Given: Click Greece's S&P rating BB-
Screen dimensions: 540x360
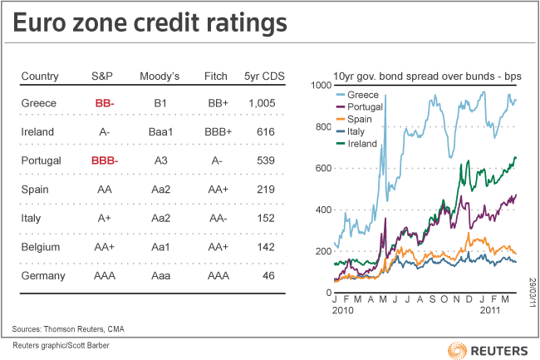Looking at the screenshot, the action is [105, 103].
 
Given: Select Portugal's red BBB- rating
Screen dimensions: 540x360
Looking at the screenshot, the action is [105, 160].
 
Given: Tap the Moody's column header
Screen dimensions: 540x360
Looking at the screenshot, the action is [160, 76].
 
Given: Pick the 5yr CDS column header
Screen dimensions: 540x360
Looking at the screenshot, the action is [264, 76].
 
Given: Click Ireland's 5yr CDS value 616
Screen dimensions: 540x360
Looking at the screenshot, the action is [266, 131].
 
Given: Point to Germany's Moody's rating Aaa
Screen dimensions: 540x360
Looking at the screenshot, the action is [161, 275].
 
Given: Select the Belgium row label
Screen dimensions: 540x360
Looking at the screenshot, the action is [41, 247].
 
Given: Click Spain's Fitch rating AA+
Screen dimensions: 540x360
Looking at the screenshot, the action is [218, 190].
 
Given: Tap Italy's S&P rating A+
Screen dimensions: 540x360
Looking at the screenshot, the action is [104, 218].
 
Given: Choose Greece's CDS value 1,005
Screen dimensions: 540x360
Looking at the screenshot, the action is [262, 103].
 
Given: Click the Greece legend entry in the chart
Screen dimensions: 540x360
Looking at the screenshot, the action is [357, 95].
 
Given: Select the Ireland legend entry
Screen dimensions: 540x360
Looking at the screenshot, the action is [356, 144].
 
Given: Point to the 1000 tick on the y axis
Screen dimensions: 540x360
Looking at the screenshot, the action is [322, 85].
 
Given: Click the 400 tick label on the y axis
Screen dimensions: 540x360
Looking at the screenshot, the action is [323, 210].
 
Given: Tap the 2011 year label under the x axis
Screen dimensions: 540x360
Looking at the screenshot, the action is [489, 310].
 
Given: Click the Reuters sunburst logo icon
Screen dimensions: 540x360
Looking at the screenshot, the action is [457, 351].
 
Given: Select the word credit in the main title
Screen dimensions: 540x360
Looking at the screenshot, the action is [166, 22].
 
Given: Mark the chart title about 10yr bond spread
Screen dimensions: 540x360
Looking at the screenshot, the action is [427, 76].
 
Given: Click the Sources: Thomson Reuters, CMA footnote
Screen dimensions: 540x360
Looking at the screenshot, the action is [68, 329].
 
